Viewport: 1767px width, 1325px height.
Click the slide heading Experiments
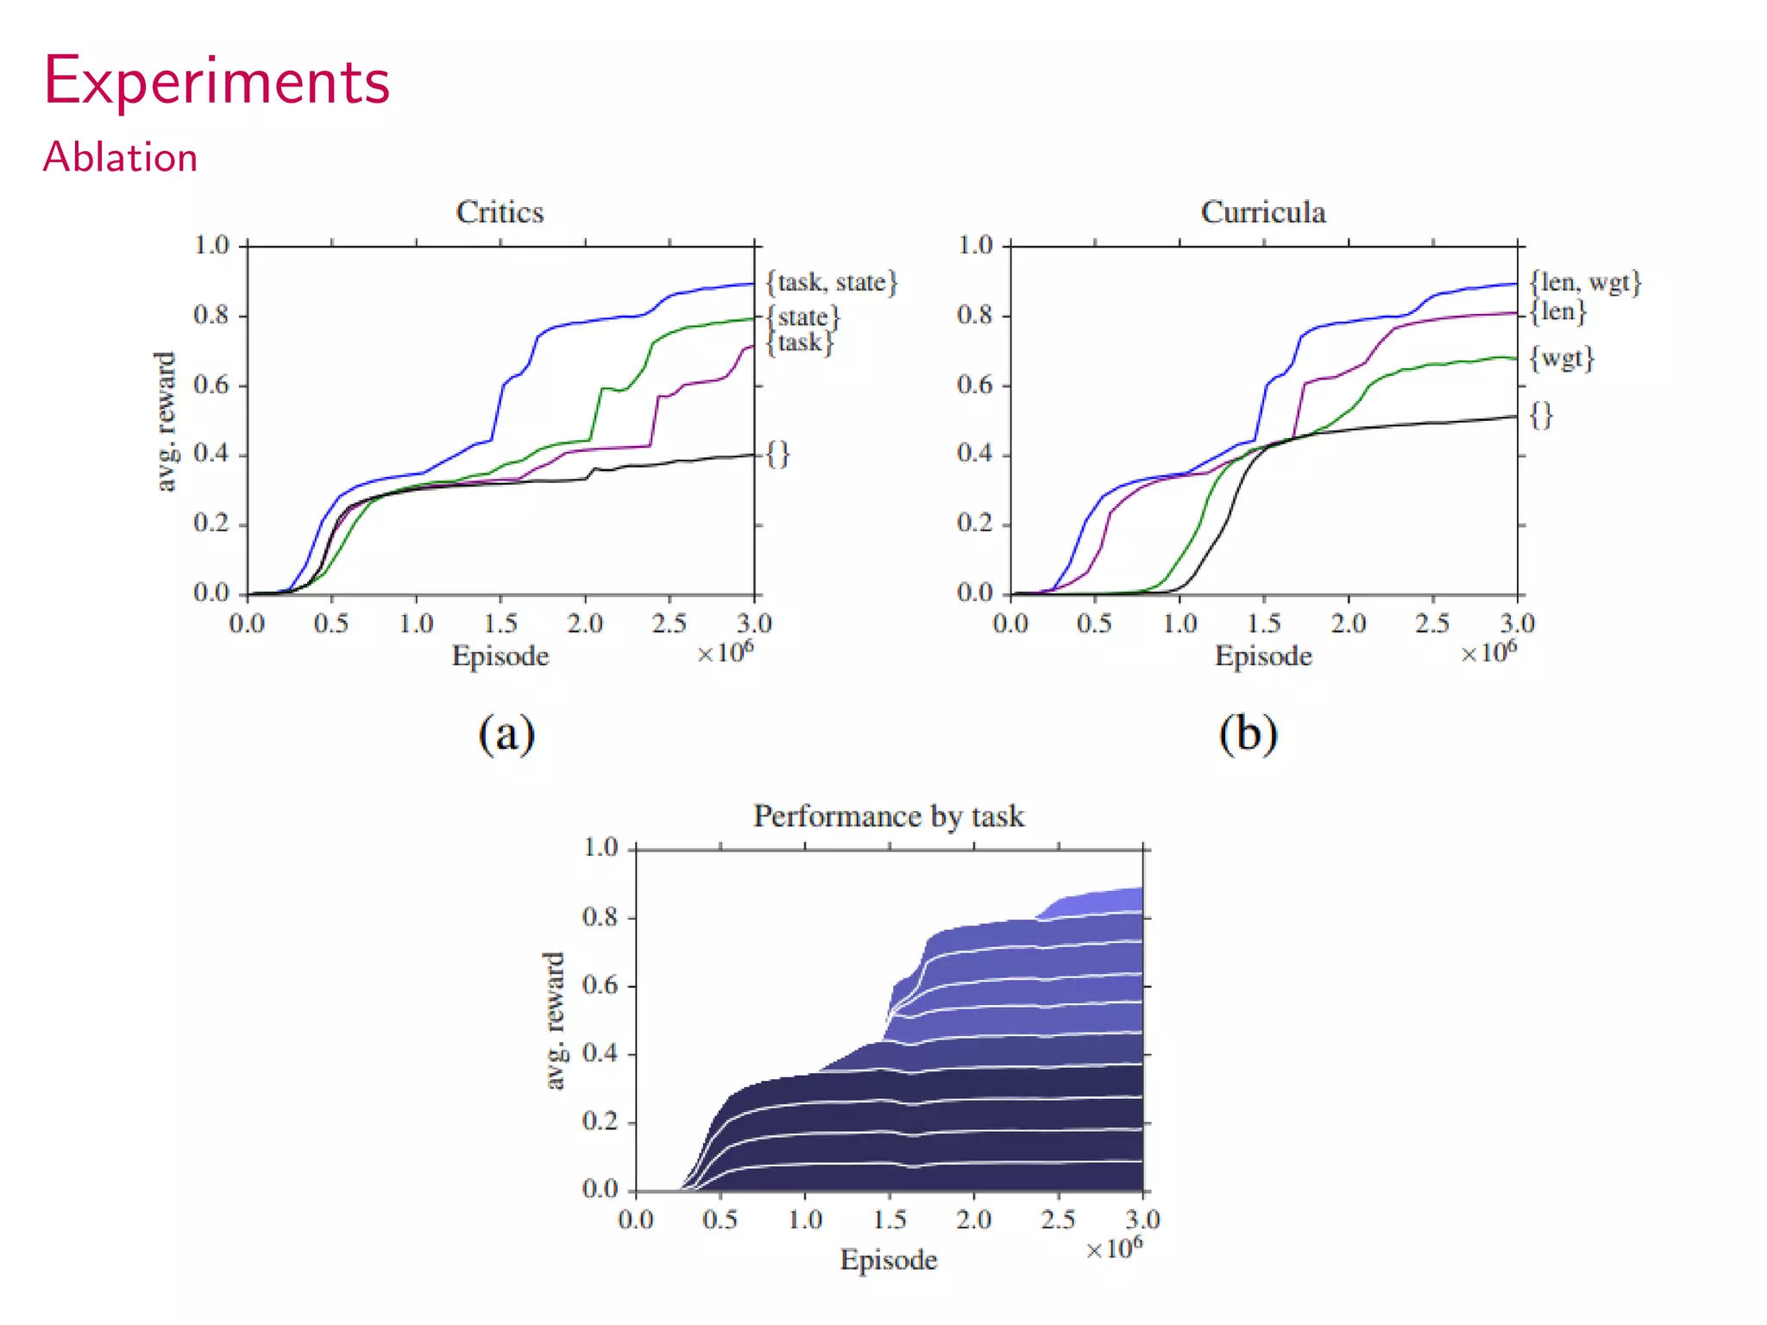217,82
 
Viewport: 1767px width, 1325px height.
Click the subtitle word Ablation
120,158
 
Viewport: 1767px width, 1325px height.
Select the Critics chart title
500,212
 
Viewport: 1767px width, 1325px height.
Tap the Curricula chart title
1262,212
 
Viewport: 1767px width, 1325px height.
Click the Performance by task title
888,816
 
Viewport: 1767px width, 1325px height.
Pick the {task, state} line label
832,282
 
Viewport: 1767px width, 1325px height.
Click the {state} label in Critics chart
802,317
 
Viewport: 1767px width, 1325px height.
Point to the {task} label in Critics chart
799,343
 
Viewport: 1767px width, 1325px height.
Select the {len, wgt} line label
1585,282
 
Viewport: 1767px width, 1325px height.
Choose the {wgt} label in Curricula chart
1562,358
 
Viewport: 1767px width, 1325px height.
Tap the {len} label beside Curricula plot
1557,311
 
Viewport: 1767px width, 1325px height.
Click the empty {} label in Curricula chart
1541,415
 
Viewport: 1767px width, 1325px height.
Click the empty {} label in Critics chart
777,454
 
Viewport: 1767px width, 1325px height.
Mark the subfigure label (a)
506,734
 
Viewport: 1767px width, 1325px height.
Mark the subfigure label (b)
1248,734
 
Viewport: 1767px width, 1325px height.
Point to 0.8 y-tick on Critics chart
211,316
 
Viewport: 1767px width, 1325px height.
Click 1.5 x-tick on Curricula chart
1263,623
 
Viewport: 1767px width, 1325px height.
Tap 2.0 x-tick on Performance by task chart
973,1219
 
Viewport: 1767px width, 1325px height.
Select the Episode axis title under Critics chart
500,656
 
